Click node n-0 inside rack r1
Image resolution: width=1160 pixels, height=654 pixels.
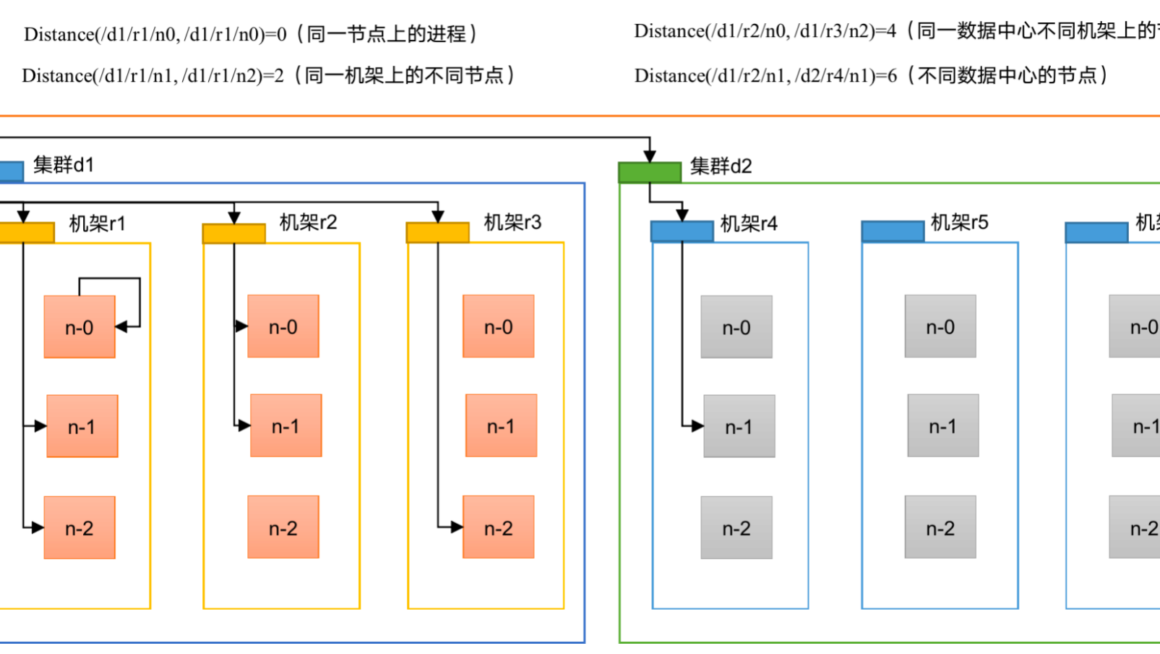[x=80, y=327]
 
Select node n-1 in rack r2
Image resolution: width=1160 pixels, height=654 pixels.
[x=285, y=426]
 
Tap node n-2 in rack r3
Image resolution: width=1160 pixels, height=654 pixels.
[x=499, y=527]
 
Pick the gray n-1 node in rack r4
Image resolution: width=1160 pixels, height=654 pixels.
[x=739, y=427]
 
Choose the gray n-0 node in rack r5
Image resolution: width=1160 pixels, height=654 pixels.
[x=940, y=327]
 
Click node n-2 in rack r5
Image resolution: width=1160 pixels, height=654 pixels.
[x=940, y=527]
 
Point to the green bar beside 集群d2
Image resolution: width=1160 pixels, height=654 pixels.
[x=650, y=172]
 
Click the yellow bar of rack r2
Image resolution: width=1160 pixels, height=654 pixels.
[x=233, y=234]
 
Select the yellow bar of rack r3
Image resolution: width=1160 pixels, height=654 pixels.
[x=437, y=233]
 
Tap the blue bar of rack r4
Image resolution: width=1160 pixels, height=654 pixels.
[x=682, y=232]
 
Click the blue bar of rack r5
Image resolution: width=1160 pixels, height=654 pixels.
[x=893, y=232]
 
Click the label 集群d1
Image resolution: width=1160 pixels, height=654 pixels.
[x=64, y=166]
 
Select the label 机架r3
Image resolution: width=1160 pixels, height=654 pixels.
[x=512, y=223]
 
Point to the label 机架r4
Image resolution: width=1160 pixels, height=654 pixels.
[x=749, y=224]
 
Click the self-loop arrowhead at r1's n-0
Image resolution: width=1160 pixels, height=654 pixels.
[x=121, y=327]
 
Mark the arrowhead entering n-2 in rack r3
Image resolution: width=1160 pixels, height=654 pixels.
[x=457, y=527]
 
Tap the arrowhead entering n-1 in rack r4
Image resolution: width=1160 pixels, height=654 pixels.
[x=697, y=426]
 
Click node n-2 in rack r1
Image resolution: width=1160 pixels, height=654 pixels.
[x=80, y=527]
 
